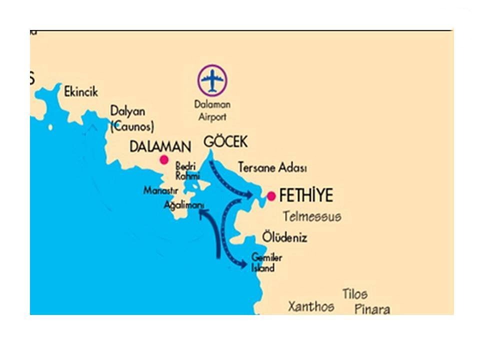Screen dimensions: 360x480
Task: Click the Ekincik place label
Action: (81, 92)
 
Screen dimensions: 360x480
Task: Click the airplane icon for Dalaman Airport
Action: (212, 79)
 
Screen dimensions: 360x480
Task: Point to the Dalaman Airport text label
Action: (212, 110)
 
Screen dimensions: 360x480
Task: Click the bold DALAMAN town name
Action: (160, 147)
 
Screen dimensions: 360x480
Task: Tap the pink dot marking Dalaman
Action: (163, 160)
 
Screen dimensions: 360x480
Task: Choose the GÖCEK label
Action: (225, 141)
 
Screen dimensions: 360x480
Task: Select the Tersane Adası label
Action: (272, 167)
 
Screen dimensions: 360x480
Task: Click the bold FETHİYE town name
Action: (306, 195)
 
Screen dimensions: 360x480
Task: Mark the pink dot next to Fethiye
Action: (271, 196)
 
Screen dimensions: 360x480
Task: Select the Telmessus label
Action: (312, 216)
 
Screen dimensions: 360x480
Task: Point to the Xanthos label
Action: (311, 306)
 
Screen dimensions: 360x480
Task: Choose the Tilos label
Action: (355, 293)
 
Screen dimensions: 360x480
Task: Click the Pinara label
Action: (372, 309)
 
